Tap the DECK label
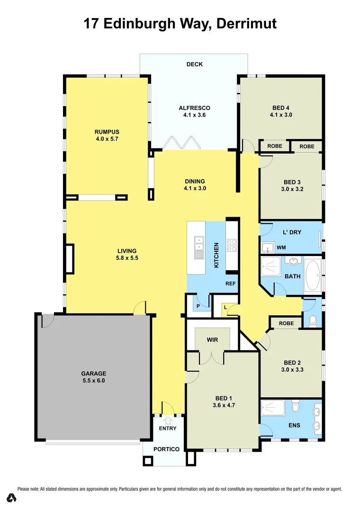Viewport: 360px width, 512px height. click(x=195, y=64)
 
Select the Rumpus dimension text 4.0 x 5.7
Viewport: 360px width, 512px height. click(x=107, y=139)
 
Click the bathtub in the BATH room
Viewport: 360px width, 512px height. click(x=313, y=275)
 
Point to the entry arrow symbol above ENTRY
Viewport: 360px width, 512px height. click(x=168, y=420)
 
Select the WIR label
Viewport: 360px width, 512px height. click(x=212, y=340)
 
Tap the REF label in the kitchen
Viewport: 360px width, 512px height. click(x=231, y=284)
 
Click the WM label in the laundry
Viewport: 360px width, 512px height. click(x=281, y=247)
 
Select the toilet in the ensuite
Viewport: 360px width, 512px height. click(x=296, y=407)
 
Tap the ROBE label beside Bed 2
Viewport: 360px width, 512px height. click(x=286, y=323)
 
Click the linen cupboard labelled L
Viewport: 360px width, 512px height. click(x=225, y=307)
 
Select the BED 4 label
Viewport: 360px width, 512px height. click(x=281, y=108)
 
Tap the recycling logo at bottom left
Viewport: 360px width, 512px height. click(x=11, y=498)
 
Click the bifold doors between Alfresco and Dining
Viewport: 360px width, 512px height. click(x=180, y=143)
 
